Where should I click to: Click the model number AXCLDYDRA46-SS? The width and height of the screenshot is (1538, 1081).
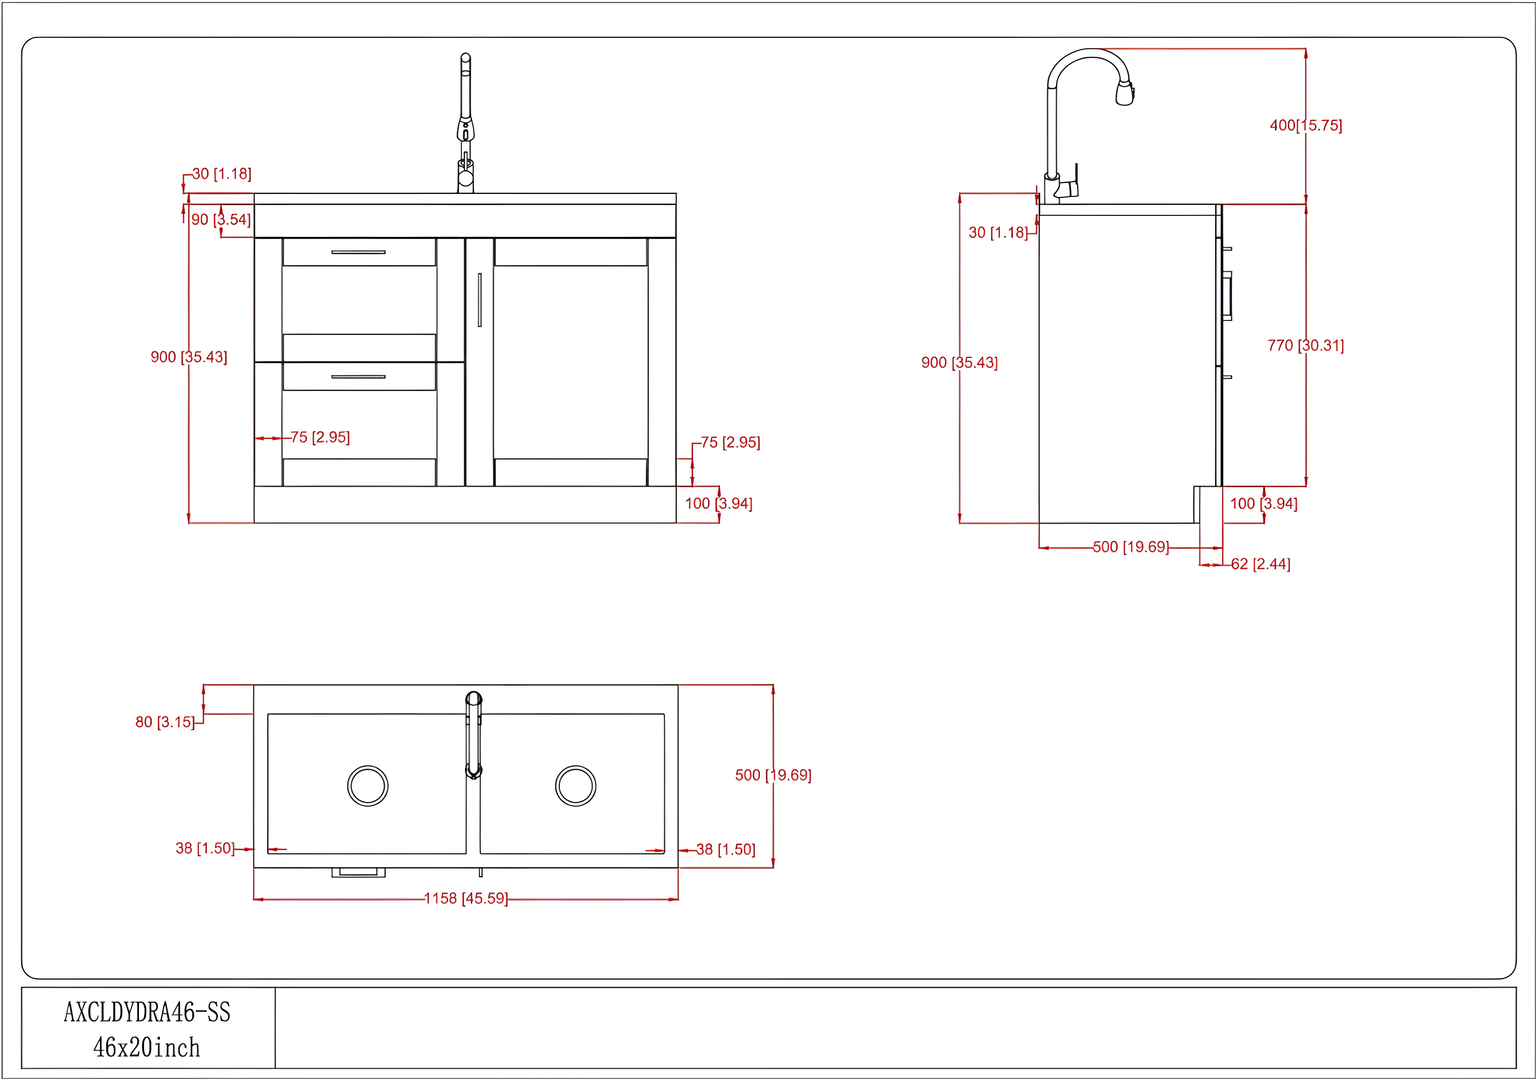point(147,1012)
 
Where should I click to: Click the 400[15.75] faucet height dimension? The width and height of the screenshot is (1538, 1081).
point(1306,125)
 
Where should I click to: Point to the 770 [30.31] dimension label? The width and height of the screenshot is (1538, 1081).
point(1306,345)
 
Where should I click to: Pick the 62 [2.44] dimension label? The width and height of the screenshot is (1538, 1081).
point(1260,564)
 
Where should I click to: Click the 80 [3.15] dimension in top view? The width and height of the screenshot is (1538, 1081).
point(164,722)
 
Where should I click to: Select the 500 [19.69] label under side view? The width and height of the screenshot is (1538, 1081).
point(1131,547)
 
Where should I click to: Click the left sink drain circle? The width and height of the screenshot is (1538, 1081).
point(368,786)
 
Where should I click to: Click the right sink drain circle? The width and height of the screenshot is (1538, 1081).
point(575,786)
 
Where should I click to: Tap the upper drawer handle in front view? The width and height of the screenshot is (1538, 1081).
point(358,252)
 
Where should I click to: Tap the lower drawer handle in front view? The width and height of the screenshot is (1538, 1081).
point(358,376)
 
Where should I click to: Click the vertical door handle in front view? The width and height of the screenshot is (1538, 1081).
point(480,299)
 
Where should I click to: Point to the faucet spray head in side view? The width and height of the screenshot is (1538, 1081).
point(1125,94)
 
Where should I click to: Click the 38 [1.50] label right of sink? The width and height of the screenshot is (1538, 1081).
point(725,849)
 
